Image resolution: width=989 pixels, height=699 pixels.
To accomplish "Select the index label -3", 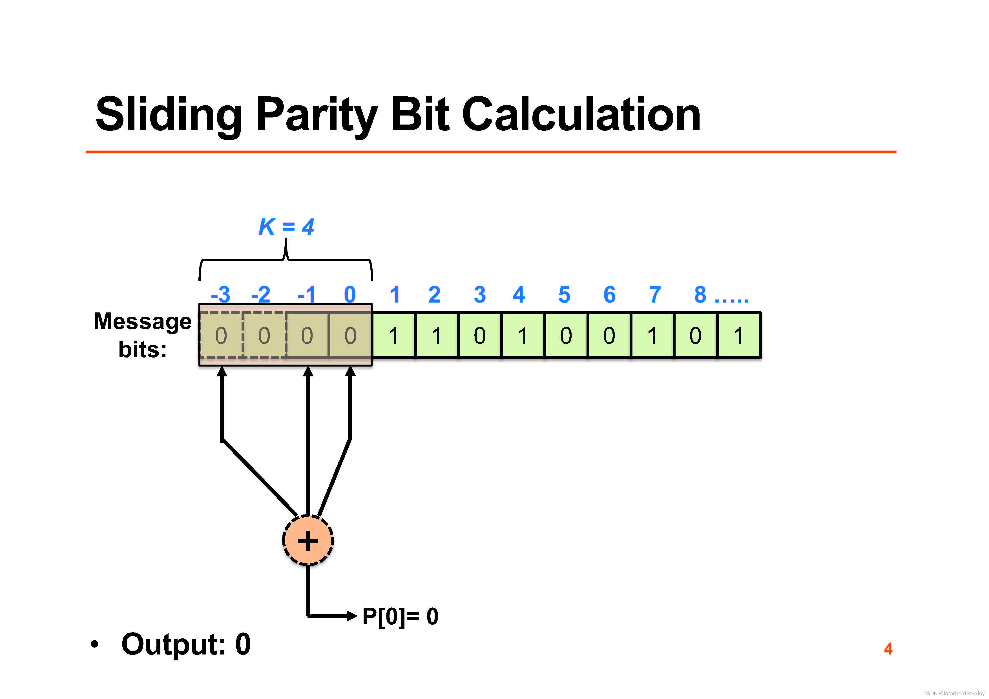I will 220,295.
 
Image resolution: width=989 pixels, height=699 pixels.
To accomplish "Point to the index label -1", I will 307,295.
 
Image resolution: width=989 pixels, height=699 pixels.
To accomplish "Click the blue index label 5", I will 564,295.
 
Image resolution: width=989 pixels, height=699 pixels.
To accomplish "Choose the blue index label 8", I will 700,295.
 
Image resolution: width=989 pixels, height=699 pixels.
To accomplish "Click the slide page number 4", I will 888,649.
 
